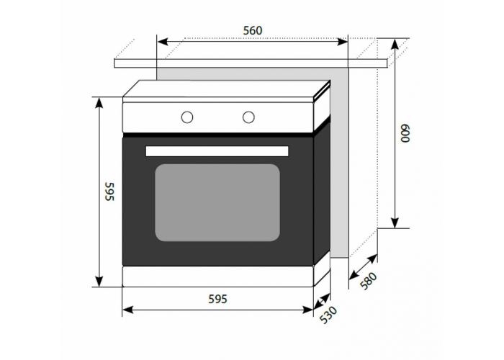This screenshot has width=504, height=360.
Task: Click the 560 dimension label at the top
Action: tap(253, 30)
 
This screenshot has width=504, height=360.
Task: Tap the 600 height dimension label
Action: tap(405, 133)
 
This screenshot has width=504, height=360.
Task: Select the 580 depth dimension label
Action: tap(368, 281)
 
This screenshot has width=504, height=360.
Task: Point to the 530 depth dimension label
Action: tap(328, 315)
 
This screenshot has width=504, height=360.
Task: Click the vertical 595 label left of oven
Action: tap(109, 192)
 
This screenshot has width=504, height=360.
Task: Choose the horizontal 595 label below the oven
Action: tap(217, 300)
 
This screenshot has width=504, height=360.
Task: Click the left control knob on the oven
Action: tap(187, 117)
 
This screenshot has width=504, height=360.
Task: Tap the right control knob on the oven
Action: tap(248, 117)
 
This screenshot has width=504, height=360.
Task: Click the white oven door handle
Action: tap(217, 151)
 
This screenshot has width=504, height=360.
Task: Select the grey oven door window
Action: tap(217, 203)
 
